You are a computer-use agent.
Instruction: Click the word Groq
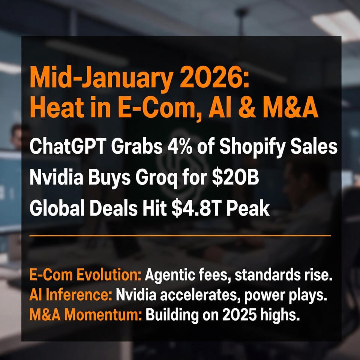(156, 179)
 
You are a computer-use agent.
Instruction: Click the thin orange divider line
(180, 235)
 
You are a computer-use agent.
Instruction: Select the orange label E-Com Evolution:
(85, 274)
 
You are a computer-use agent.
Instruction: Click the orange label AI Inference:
(71, 295)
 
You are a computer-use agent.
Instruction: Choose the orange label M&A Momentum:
(86, 314)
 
